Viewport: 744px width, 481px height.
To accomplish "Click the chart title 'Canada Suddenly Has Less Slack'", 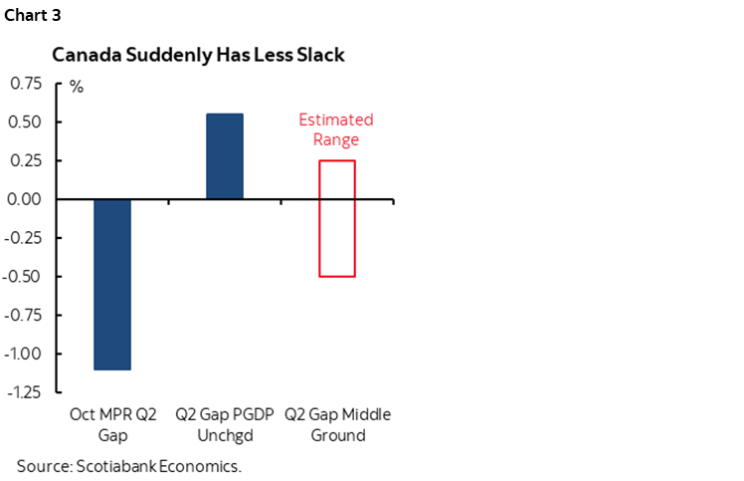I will (x=198, y=56).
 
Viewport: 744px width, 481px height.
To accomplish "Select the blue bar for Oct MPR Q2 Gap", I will (x=112, y=284).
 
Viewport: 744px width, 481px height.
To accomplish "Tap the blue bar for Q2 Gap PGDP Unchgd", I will (x=225, y=156).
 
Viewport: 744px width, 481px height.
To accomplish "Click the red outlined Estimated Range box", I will (x=336, y=218).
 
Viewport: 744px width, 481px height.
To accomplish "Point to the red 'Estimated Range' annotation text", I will (x=336, y=129).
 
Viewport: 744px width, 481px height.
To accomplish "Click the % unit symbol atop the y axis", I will (x=77, y=87).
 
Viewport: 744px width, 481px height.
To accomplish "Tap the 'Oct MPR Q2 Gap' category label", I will (x=112, y=424).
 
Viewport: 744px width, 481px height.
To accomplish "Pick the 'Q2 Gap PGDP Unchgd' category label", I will (x=225, y=424).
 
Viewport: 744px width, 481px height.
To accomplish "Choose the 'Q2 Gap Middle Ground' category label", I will (x=337, y=424).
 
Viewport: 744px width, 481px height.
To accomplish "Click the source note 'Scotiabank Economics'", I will (x=129, y=465).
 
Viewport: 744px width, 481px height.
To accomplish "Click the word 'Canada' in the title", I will (x=84, y=56).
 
